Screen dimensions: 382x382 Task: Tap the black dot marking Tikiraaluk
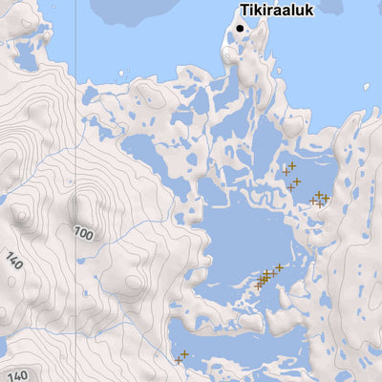click(239, 29)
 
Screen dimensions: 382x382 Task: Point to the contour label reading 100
click(84, 233)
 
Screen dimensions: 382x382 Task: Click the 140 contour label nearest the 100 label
click(13, 260)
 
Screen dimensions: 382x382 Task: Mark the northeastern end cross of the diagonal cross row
click(279, 267)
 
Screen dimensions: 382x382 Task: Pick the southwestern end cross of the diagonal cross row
click(257, 285)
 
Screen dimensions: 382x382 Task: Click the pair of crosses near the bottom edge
click(181, 357)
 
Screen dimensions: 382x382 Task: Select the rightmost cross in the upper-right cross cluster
click(326, 199)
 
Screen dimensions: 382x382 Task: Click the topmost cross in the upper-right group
click(292, 165)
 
